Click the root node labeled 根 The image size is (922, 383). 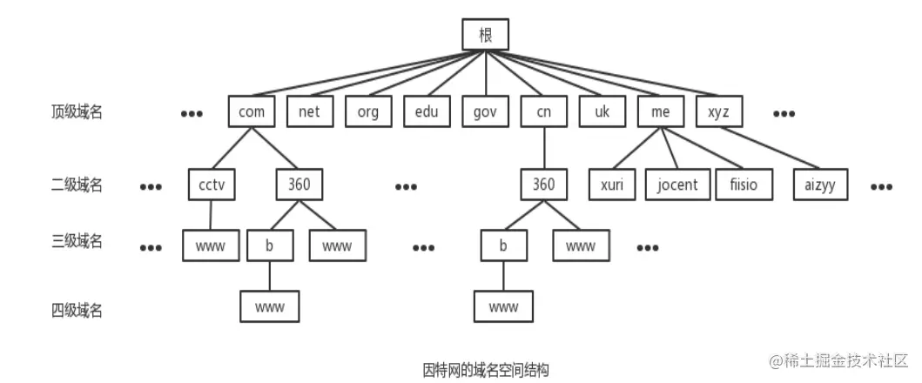485,35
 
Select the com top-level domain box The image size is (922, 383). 252,111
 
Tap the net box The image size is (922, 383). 310,111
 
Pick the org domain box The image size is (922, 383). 368,111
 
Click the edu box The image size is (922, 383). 427,111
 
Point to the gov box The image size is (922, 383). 485,111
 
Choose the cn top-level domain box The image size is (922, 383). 543,111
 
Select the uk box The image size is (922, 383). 602,111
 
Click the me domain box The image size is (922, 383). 660,111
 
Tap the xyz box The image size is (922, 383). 718,111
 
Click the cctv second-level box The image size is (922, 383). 212,185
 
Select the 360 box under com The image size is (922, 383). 299,185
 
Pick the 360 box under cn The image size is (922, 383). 543,185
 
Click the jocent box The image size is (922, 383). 677,185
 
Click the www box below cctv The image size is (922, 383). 211,245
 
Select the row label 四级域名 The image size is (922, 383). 77,309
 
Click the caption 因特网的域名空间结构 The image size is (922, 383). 486,369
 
